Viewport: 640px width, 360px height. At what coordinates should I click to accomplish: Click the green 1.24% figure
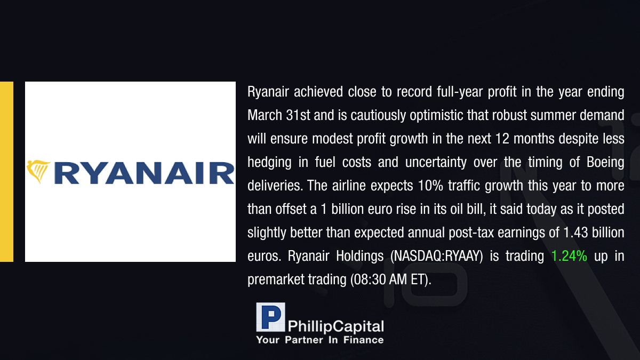[x=569, y=255]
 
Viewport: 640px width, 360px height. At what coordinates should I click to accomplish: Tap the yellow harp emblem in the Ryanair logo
[x=38, y=171]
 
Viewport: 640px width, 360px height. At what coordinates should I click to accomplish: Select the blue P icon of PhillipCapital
[x=270, y=317]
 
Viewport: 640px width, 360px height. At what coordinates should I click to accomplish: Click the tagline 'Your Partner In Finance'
[x=319, y=340]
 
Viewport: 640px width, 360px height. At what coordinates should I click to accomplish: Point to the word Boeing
[x=605, y=163]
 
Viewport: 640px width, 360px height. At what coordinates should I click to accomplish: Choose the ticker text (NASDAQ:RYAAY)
[x=437, y=256]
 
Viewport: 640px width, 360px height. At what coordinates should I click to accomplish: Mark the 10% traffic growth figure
[x=430, y=186]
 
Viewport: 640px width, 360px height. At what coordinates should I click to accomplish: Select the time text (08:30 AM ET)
[x=390, y=279]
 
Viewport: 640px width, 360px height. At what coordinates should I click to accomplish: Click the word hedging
[x=269, y=163]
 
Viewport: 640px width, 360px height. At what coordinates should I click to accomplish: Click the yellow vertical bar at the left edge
[x=6, y=172]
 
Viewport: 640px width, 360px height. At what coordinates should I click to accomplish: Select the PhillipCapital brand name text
[x=335, y=326]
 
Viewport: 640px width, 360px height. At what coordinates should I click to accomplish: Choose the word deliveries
[x=275, y=186]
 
